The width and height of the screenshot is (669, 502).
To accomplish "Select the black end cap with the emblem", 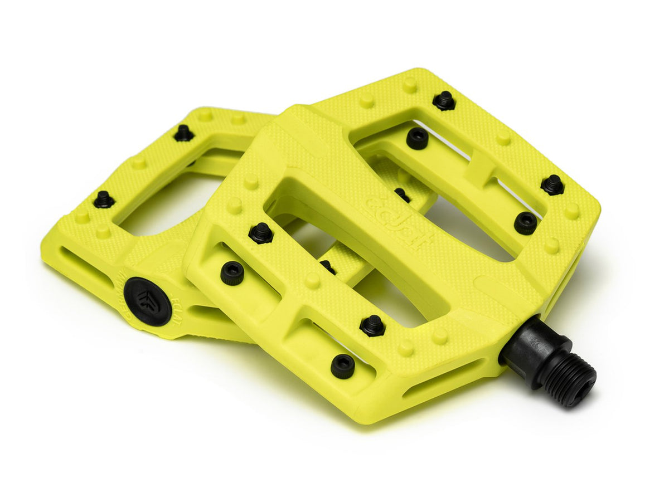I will click(x=147, y=301).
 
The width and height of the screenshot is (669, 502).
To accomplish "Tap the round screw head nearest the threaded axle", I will click(x=525, y=223).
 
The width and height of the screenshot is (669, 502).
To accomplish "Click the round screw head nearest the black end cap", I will click(x=232, y=273).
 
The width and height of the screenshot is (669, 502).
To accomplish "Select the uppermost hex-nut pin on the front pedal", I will click(x=444, y=101).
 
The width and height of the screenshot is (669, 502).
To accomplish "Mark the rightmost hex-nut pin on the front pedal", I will click(x=552, y=185).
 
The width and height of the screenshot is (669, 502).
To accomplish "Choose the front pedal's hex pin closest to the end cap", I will click(x=260, y=233).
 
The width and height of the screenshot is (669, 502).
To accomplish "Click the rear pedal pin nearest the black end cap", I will click(x=104, y=199).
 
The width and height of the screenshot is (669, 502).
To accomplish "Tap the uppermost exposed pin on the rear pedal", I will click(x=183, y=133).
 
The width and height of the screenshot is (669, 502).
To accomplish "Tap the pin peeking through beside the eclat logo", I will click(x=401, y=194).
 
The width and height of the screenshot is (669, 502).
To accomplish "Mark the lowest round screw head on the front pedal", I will click(x=342, y=366).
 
